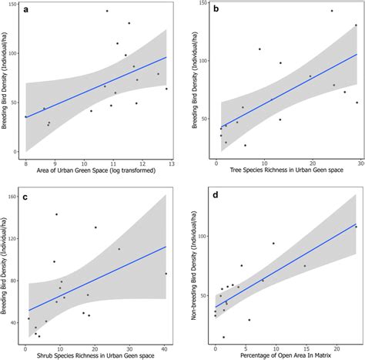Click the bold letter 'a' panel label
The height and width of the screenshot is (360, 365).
coord(27,10)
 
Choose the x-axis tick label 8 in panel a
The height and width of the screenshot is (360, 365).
coord(25,164)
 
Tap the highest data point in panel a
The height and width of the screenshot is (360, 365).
coord(107,11)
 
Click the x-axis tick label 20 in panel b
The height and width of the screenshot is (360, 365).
coord(311,164)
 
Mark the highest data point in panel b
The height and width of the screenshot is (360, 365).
coord(332,11)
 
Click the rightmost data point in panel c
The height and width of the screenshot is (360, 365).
coord(166,274)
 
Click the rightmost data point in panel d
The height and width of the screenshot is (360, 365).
coord(356,227)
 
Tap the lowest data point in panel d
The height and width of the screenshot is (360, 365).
coord(224,337)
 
